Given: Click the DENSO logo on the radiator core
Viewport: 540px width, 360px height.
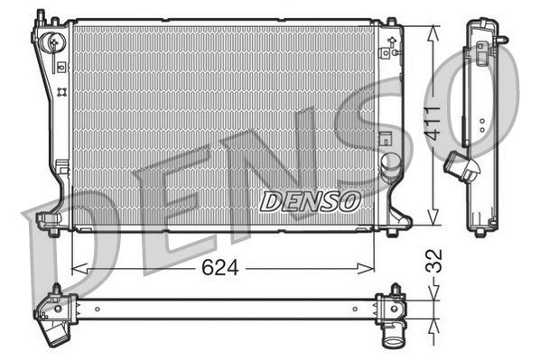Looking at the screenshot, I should (310, 200).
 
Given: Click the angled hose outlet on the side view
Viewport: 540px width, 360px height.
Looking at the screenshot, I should (460, 169).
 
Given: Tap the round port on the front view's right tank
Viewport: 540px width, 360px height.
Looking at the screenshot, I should (390, 163).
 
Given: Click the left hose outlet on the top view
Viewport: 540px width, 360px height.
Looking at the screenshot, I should (55, 332).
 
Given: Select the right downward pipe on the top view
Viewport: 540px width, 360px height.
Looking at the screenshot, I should (395, 335).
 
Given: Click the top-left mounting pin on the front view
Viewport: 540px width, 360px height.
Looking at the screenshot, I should (40, 16).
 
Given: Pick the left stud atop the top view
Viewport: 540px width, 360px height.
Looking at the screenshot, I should (57, 290).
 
